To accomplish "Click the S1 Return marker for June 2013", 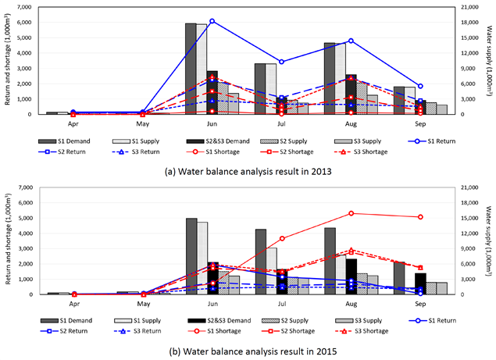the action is (x=212, y=21).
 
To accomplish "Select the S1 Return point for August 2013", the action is (x=351, y=41).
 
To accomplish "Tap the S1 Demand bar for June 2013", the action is (x=191, y=69).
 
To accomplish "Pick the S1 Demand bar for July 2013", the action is (x=260, y=89).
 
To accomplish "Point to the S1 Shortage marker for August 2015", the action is (x=351, y=213).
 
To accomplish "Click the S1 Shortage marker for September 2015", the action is (x=420, y=216).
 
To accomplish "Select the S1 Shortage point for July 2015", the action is (x=282, y=238).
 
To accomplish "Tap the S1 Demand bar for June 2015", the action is (x=191, y=256).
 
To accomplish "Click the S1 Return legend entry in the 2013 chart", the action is (x=431, y=141).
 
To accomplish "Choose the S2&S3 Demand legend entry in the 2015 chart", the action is (x=219, y=320).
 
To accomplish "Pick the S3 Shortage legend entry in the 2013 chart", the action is (x=361, y=151).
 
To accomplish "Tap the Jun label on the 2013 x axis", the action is (x=212, y=123).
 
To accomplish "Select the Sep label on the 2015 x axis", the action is (x=420, y=304).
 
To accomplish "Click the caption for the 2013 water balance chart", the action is (x=248, y=172).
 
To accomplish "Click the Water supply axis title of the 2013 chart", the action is (x=489, y=61).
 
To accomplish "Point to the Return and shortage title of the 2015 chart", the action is (x=8, y=239).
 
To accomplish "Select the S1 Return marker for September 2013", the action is (x=420, y=86).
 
